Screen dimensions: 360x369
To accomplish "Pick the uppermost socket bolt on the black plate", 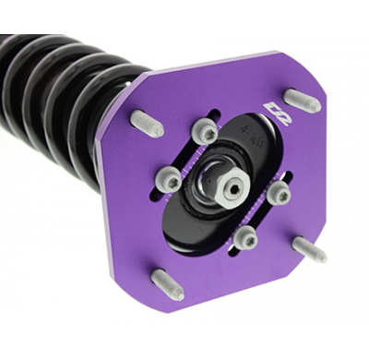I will tap(208, 133).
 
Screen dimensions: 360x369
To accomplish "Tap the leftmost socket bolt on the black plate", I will tap(169, 181).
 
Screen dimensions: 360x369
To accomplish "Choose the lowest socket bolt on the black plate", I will tap(244, 239).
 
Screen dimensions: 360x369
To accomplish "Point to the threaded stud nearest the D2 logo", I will tap(301, 99).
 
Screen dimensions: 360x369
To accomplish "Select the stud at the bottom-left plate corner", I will tap(166, 284).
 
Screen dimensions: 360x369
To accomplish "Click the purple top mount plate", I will tap(138, 231).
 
